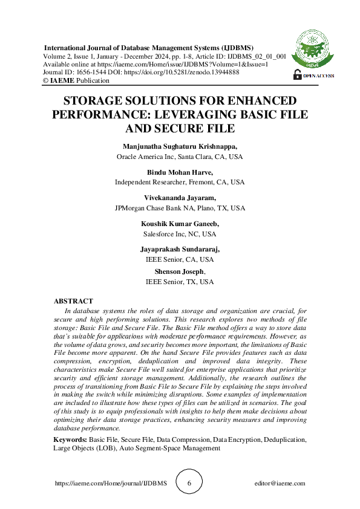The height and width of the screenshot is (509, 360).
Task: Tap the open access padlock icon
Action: [297, 74]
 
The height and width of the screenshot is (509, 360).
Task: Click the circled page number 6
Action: [189, 484]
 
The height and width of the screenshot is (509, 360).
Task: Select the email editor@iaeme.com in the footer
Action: [280, 484]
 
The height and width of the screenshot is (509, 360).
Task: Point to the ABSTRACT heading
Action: [73, 301]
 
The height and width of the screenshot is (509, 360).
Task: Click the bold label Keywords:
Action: [70, 440]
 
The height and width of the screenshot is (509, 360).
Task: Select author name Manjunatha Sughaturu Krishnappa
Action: [180, 146]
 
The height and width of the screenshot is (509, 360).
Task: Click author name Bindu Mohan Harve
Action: [180, 172]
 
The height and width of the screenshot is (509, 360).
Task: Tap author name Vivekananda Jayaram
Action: [180, 198]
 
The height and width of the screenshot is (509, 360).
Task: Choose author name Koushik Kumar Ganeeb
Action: [180, 224]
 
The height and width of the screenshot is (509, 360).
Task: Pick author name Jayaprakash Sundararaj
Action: [180, 249]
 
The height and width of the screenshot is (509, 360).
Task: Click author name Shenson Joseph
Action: [179, 272]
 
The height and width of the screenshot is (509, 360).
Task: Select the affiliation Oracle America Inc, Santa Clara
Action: [180, 156]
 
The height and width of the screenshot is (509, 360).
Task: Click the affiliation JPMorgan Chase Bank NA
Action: [180, 207]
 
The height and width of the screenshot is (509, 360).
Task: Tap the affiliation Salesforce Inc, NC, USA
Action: [180, 233]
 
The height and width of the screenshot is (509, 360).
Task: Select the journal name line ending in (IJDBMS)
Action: [149, 48]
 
